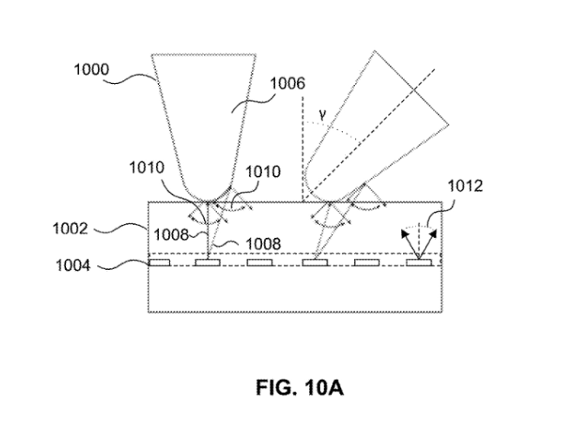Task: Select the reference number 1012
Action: (x=466, y=187)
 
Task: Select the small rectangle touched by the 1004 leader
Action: (x=158, y=263)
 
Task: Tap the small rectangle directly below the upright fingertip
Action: (x=211, y=263)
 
